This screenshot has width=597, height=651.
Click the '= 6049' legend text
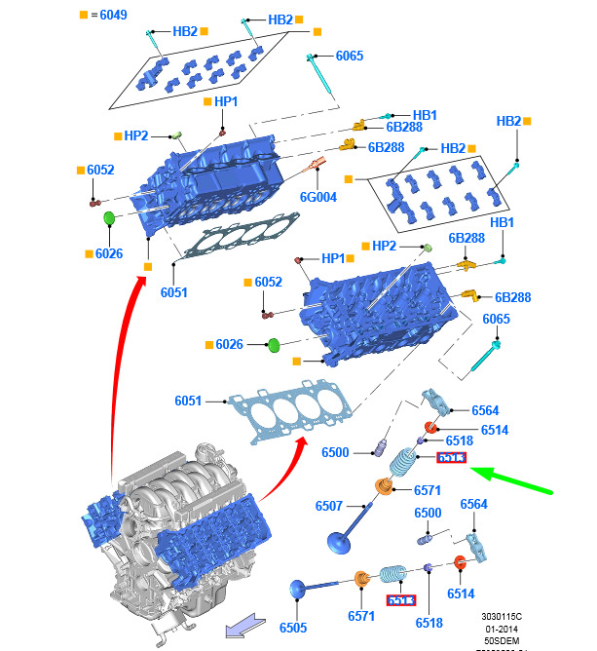(109, 16)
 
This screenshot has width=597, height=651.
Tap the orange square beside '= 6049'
(83, 16)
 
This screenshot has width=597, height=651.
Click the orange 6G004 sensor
(311, 170)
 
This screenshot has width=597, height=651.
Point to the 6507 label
(329, 506)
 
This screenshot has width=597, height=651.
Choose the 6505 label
(292, 628)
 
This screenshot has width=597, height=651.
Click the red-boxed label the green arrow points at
(452, 458)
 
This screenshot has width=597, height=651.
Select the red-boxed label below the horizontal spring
(402, 600)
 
